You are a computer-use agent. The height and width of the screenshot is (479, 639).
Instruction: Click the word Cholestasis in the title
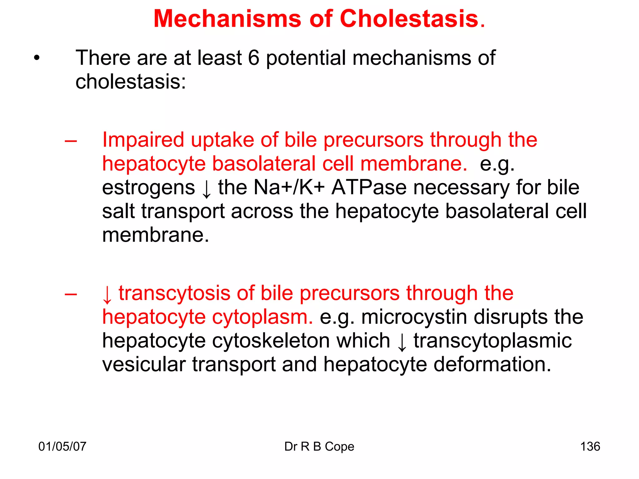(x=409, y=19)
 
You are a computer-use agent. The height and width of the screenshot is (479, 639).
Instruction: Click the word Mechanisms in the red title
(x=227, y=19)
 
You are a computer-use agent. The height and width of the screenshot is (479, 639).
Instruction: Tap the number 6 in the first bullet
(x=254, y=58)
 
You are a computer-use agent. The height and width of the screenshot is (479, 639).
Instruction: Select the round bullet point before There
(x=37, y=58)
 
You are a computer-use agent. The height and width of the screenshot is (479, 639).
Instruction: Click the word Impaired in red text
(x=143, y=140)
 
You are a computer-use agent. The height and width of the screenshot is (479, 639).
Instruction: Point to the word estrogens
(x=149, y=188)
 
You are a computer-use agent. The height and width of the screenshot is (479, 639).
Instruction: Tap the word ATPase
(x=369, y=188)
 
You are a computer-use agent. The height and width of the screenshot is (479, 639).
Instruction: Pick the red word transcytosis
(x=174, y=293)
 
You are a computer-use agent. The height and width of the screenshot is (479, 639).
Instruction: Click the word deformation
(x=492, y=365)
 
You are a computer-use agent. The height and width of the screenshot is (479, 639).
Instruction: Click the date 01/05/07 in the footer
(x=62, y=447)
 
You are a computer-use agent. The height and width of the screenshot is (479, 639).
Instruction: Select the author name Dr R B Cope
(x=319, y=447)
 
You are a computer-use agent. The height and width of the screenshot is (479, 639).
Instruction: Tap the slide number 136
(x=590, y=447)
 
